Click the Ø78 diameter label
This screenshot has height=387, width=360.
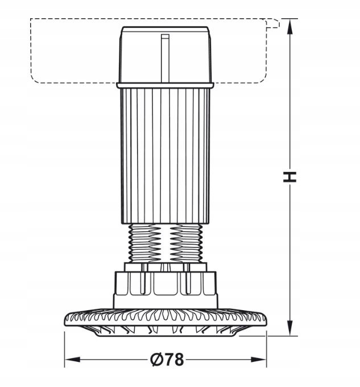point(167,359)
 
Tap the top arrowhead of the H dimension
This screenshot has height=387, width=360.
point(290,27)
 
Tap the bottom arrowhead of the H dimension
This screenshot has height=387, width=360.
point(290,328)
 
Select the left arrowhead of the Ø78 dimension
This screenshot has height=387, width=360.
point(72,359)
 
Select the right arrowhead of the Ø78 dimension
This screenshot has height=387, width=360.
point(258,359)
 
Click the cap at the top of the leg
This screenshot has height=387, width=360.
point(165,54)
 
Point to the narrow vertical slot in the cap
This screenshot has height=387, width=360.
point(165,58)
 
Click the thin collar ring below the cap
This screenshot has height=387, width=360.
point(165,85)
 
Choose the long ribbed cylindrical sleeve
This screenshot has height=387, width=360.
point(165,156)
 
